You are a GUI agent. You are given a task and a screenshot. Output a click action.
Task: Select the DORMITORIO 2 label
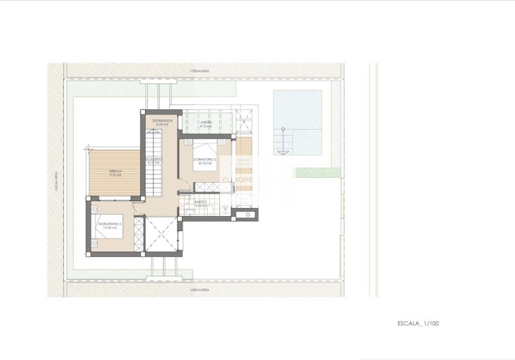(206, 160)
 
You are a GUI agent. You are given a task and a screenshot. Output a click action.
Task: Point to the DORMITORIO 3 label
(109, 223)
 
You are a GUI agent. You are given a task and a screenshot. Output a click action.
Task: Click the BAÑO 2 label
(200, 202)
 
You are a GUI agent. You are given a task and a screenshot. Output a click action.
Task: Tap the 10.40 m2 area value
(109, 228)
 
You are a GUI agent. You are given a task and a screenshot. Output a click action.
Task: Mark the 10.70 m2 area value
(205, 164)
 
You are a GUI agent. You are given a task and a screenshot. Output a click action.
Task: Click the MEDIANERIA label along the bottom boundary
(200, 289)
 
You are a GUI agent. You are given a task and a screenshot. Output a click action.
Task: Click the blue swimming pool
(298, 123)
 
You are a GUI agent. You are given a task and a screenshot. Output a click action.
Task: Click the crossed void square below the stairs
(162, 235)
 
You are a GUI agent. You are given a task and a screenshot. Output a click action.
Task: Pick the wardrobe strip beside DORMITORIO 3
(140, 233)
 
